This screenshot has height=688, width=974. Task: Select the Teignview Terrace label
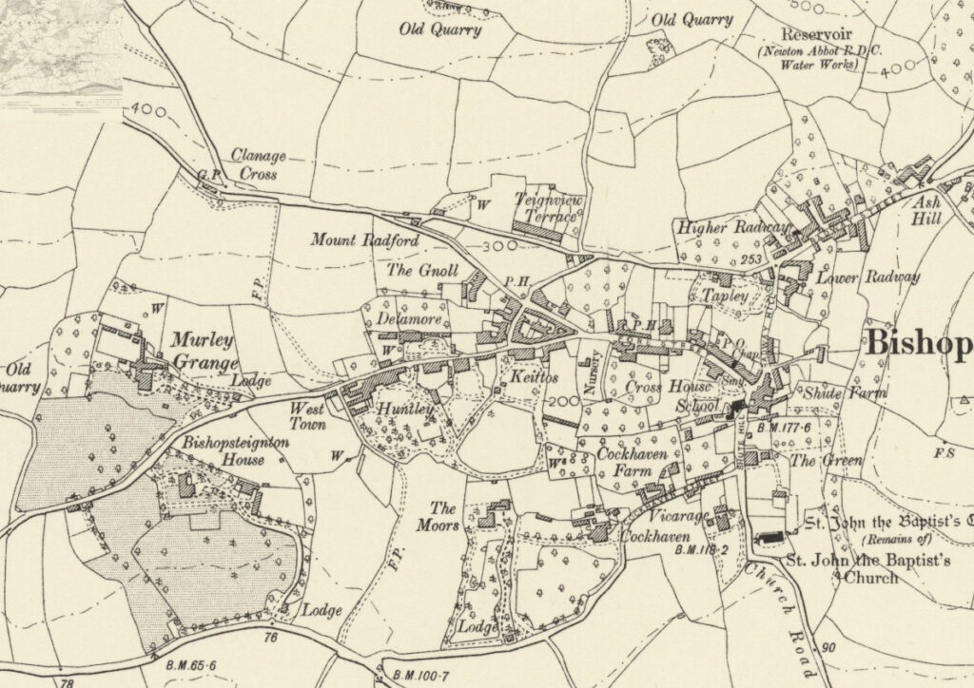coord(545,208)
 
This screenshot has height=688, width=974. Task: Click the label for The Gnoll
coord(422,271)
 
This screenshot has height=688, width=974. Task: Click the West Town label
coord(307,416)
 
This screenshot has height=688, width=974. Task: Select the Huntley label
coord(407,410)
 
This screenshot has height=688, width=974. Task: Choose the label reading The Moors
coord(443,516)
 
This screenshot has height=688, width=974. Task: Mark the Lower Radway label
coord(868,277)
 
